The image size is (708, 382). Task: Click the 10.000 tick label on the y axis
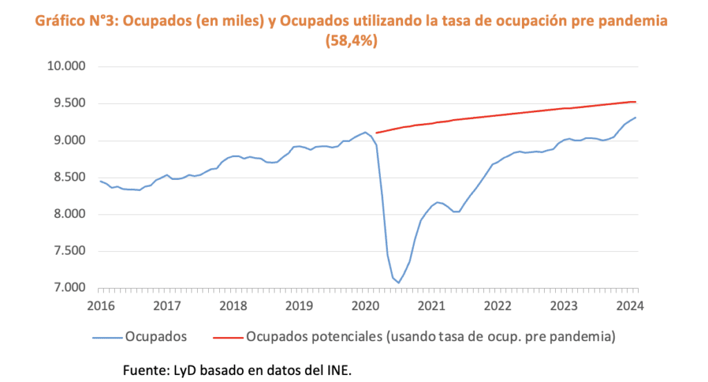click(x=64, y=67)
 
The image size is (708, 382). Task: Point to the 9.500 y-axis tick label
click(x=66, y=104)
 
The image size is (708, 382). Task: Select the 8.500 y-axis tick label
click(x=66, y=178)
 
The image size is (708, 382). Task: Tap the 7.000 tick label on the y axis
click(x=66, y=288)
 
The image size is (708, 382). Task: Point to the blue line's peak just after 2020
click(x=366, y=132)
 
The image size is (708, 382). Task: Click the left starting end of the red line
click(x=375, y=133)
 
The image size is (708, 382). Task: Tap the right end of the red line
click(x=636, y=102)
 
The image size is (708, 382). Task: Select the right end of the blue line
click(x=636, y=118)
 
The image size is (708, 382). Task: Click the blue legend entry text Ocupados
click(x=156, y=338)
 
